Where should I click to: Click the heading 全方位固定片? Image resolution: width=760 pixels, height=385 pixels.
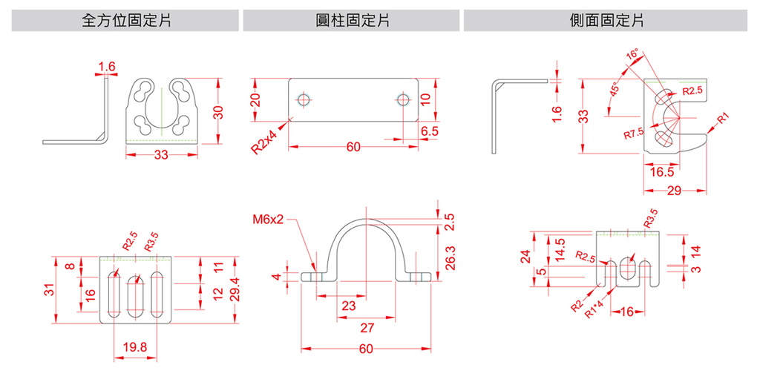tap(126, 20)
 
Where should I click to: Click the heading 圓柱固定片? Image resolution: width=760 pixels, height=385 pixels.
tap(352, 20)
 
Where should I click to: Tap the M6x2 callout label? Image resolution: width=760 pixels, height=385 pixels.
tap(268, 220)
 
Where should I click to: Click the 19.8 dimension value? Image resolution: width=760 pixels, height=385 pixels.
tap(135, 346)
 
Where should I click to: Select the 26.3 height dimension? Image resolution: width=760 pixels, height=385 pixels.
tap(451, 253)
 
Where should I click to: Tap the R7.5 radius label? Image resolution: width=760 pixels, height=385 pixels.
tap(634, 134)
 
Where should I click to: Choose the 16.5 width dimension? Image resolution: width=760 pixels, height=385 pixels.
tap(662, 172)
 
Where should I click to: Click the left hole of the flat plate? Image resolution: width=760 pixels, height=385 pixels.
tap(303, 99)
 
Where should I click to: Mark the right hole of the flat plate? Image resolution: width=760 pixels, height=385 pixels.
tap(402, 99)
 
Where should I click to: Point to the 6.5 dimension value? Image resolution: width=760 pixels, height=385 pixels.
tap(429, 131)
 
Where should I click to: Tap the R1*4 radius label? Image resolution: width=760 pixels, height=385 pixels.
tap(594, 309)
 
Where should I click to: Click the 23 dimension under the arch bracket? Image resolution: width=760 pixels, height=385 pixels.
tap(349, 306)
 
